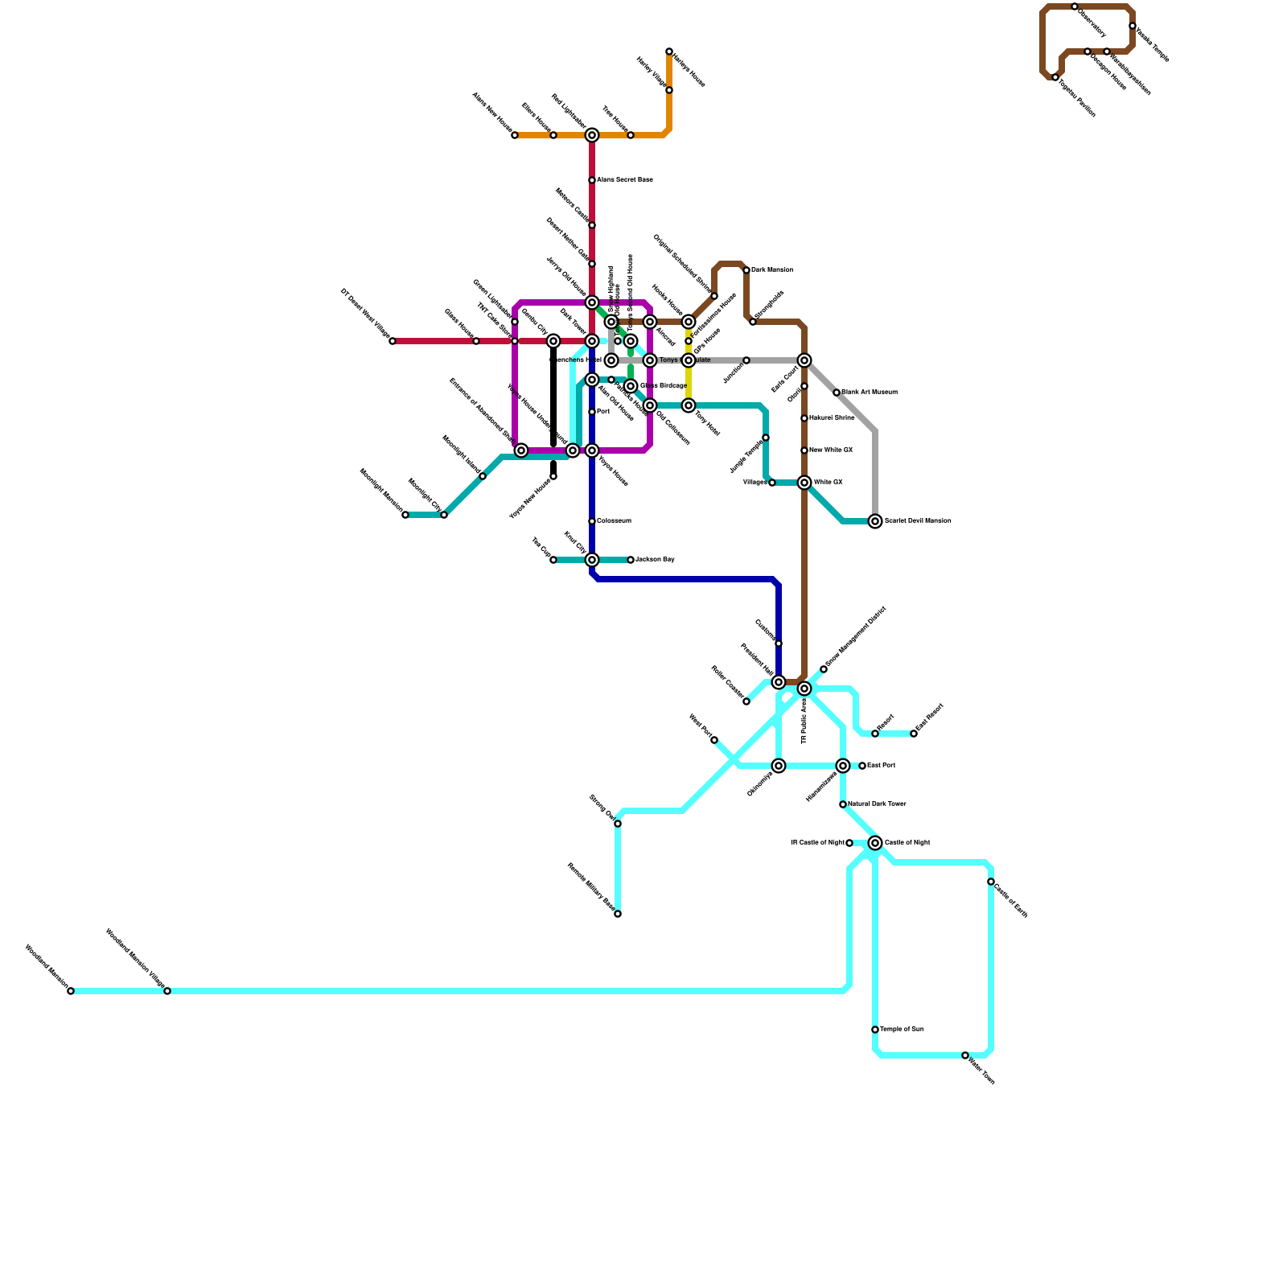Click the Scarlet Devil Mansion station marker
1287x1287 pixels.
(875, 521)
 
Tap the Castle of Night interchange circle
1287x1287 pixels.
(875, 843)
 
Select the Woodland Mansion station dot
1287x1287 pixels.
(71, 991)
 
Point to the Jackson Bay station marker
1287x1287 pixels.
(631, 560)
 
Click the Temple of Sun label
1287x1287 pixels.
(902, 1030)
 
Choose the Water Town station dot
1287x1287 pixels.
(965, 1055)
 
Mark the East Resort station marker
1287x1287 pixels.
(914, 734)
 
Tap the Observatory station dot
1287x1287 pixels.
(1075, 6)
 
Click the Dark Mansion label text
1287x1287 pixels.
(772, 270)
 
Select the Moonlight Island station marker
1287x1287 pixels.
(483, 476)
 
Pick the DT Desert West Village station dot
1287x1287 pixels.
(393, 341)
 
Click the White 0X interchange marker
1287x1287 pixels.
(804, 483)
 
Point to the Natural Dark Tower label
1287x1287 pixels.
(877, 804)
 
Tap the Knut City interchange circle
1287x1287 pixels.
(592, 560)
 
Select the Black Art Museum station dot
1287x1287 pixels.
(837, 393)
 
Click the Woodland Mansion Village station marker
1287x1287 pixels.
(167, 991)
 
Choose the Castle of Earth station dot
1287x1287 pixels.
(991, 882)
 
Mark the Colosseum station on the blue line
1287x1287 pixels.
(592, 521)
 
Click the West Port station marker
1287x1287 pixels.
(714, 740)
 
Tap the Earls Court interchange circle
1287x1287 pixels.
(804, 360)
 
